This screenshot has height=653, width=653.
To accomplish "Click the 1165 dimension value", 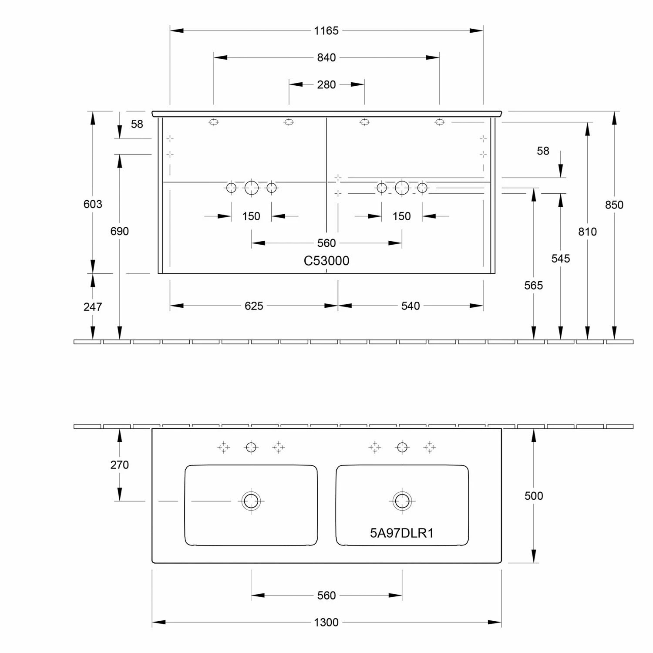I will (326, 31).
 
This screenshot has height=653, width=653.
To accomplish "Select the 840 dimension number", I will (326, 57).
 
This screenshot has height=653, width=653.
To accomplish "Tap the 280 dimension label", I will (326, 84).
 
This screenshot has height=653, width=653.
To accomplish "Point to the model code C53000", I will (326, 261).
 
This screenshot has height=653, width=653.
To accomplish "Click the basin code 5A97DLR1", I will (401, 533).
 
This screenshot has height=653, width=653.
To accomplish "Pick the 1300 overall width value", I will (326, 623).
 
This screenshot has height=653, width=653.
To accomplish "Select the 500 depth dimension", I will (533, 496).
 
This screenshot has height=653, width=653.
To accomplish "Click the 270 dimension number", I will (119, 465).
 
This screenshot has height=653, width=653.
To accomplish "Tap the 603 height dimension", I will (93, 204).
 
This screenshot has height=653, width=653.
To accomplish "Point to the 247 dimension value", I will (93, 307).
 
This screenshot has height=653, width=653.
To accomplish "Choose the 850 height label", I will (614, 205).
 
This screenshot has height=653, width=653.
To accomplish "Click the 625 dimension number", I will (254, 306).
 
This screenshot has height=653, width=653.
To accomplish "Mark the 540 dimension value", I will (410, 306).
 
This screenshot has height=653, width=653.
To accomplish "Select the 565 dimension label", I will (533, 286).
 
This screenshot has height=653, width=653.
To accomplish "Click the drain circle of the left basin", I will (251, 501).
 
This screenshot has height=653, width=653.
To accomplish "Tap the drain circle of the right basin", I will (402, 501).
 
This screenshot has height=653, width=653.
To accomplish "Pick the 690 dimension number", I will (119, 231).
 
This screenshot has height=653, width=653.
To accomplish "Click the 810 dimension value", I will (587, 232).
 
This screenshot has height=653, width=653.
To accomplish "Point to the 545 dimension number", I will (560, 259).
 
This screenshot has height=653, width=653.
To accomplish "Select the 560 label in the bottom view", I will (326, 596).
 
